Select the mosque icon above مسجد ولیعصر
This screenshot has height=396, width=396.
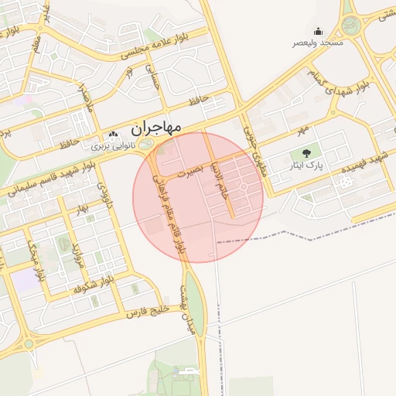coord(319,32)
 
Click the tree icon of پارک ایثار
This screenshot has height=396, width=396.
coord(306,153)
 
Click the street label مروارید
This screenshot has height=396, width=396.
coord(77,254)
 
